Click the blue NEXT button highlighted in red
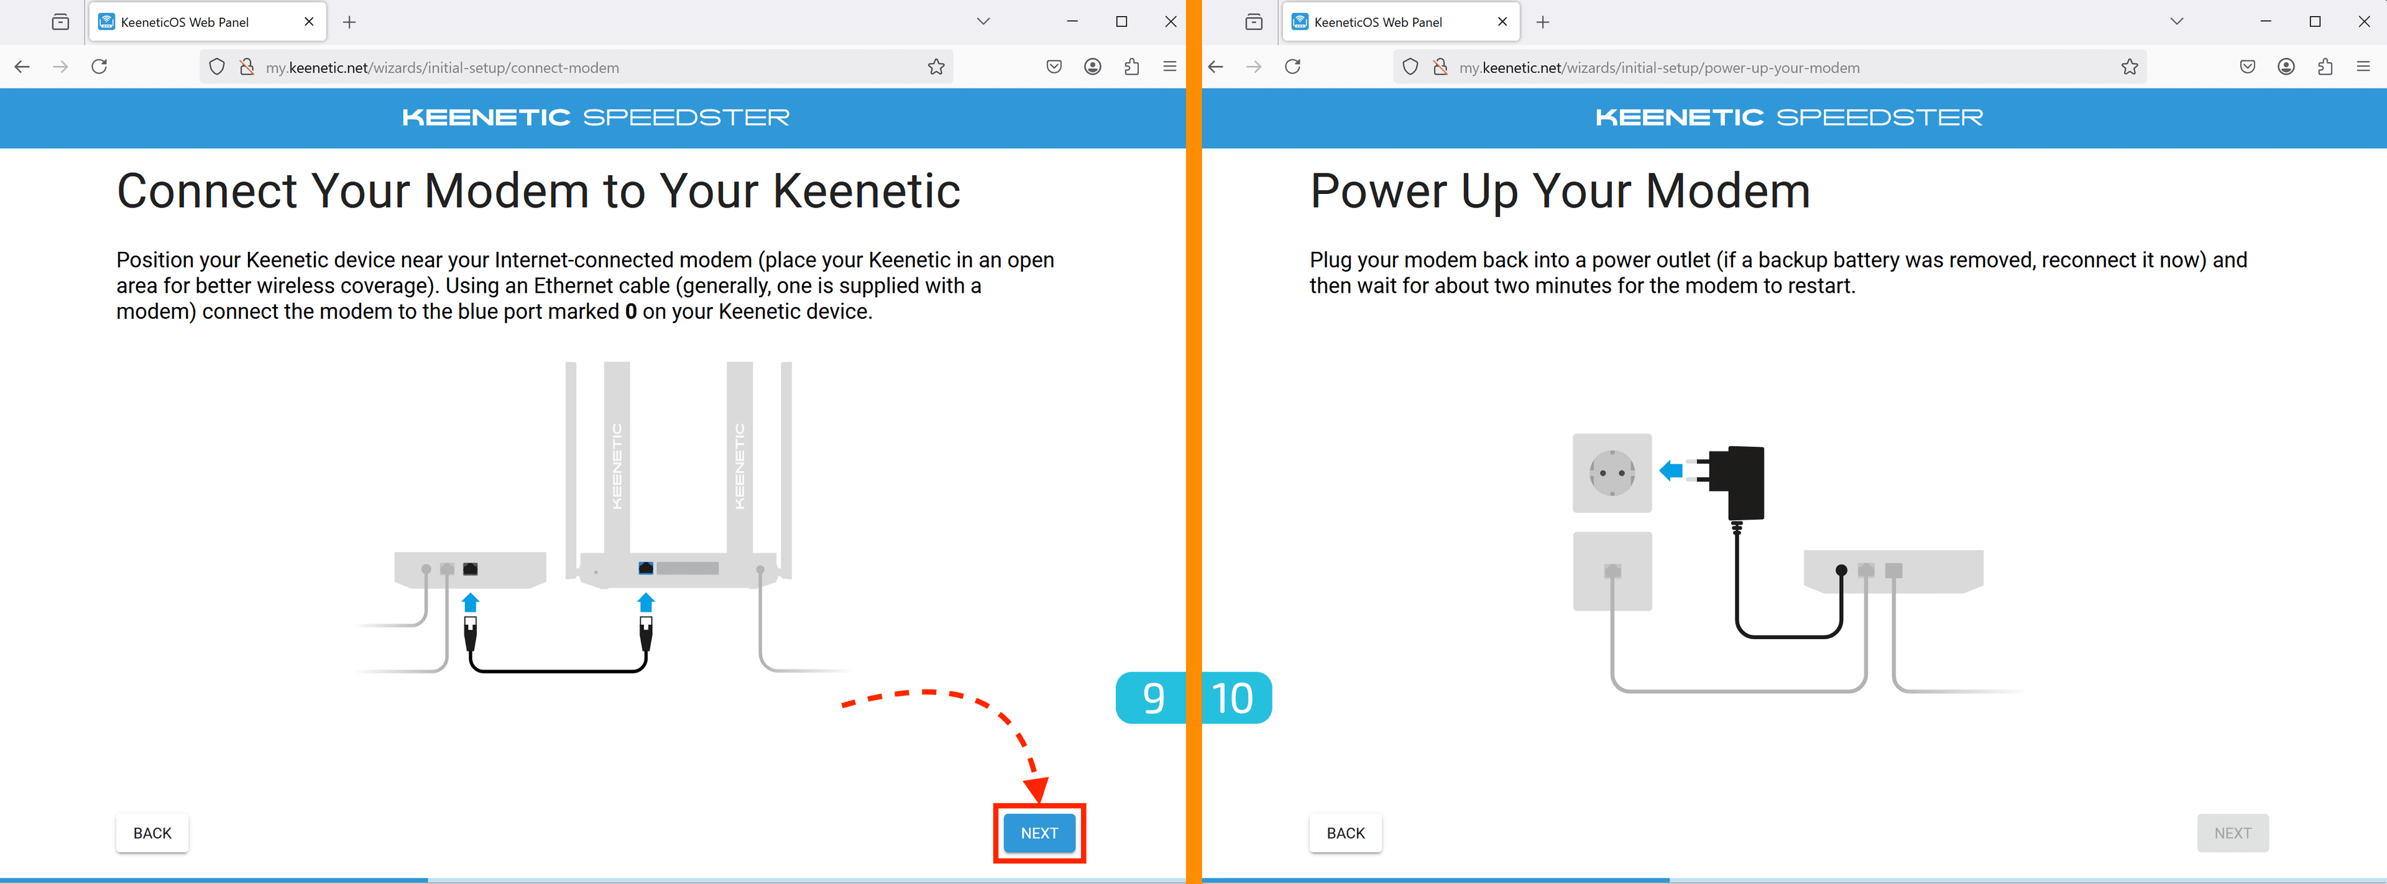point(1039,833)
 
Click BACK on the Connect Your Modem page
point(152,833)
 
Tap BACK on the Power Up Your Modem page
point(1345,833)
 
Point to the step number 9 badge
point(1152,698)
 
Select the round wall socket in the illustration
point(1612,474)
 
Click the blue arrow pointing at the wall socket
point(1671,471)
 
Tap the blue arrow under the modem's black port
point(471,602)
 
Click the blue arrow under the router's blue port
point(646,602)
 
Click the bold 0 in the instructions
point(631,311)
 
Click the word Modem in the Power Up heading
point(1727,192)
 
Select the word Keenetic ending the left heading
point(867,192)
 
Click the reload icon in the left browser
point(99,67)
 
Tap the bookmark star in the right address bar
point(2130,67)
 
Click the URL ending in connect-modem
point(442,68)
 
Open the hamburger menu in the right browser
point(2363,67)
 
